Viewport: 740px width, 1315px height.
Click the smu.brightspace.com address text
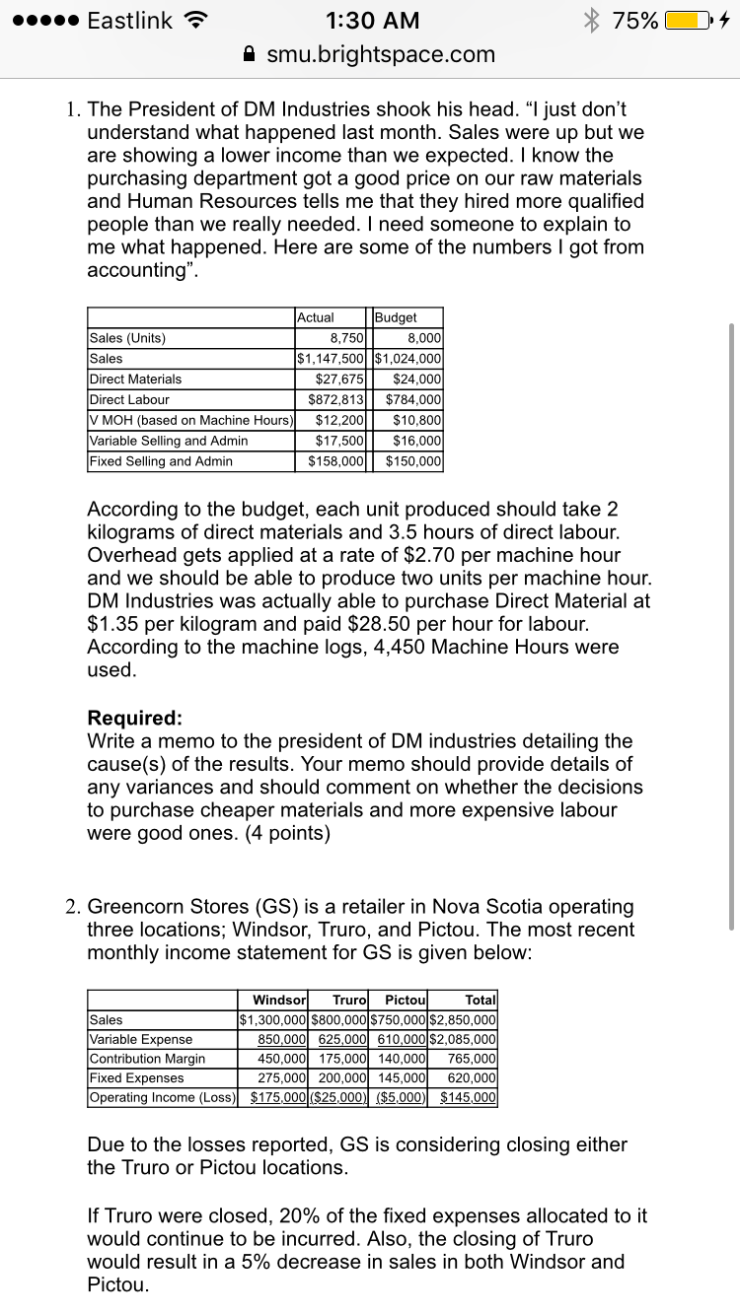[x=381, y=54]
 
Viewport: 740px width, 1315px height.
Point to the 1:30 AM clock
[x=371, y=20]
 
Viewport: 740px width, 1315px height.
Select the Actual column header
[x=316, y=317]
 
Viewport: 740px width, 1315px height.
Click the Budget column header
[x=397, y=317]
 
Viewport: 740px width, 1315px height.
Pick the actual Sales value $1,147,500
[x=332, y=359]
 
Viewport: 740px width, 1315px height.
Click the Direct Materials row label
[x=136, y=380]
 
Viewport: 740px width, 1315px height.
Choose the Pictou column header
[x=405, y=1000]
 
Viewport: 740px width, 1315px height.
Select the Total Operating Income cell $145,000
[x=469, y=1098]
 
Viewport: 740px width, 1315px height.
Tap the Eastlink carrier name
[x=129, y=20]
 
